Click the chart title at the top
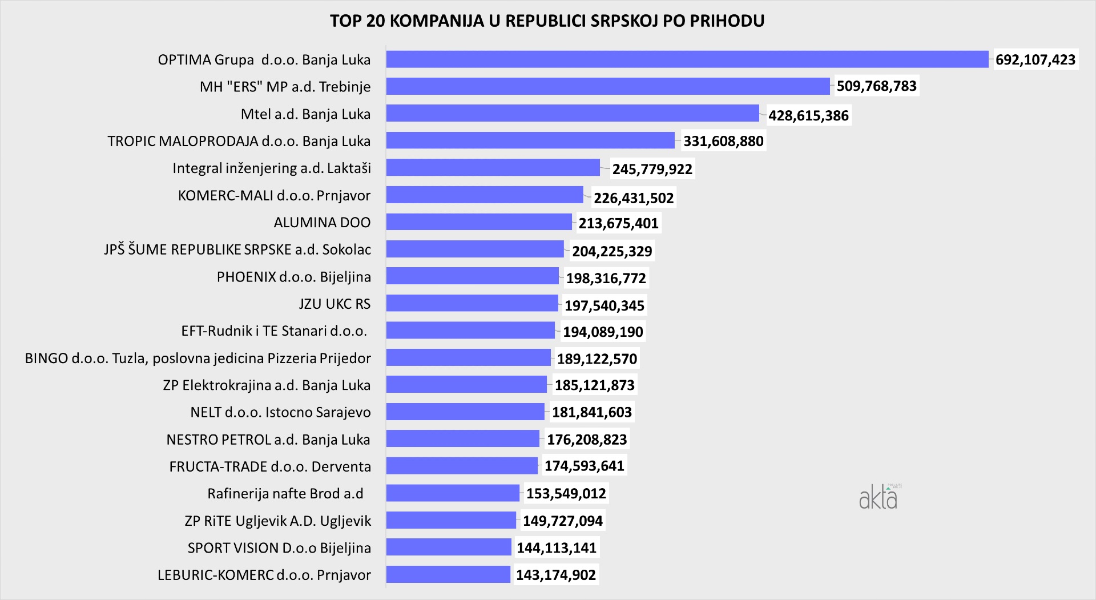pyautogui.click(x=547, y=21)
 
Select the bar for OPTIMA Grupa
pyautogui.click(x=687, y=59)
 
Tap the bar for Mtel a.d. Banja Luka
pyautogui.click(x=572, y=113)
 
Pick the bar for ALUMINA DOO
pyautogui.click(x=478, y=222)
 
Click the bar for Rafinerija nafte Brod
pyautogui.click(x=453, y=493)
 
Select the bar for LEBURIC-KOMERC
pyautogui.click(x=448, y=574)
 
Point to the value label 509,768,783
pyautogui.click(x=876, y=86)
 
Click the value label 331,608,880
pyautogui.click(x=723, y=141)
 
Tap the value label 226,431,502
pyautogui.click(x=634, y=198)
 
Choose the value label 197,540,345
pyautogui.click(x=604, y=305)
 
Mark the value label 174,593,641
pyautogui.click(x=584, y=466)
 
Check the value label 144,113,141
pyautogui.click(x=557, y=548)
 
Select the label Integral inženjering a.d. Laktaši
pyautogui.click(x=272, y=168)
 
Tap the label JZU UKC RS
pyautogui.click(x=335, y=304)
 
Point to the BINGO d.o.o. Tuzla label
pyautogui.click(x=198, y=358)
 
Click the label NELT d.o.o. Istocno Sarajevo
pyautogui.click(x=280, y=412)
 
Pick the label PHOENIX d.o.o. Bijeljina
pyautogui.click(x=293, y=277)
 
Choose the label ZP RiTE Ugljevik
pyautogui.click(x=277, y=521)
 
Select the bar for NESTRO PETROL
pyautogui.click(x=462, y=438)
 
